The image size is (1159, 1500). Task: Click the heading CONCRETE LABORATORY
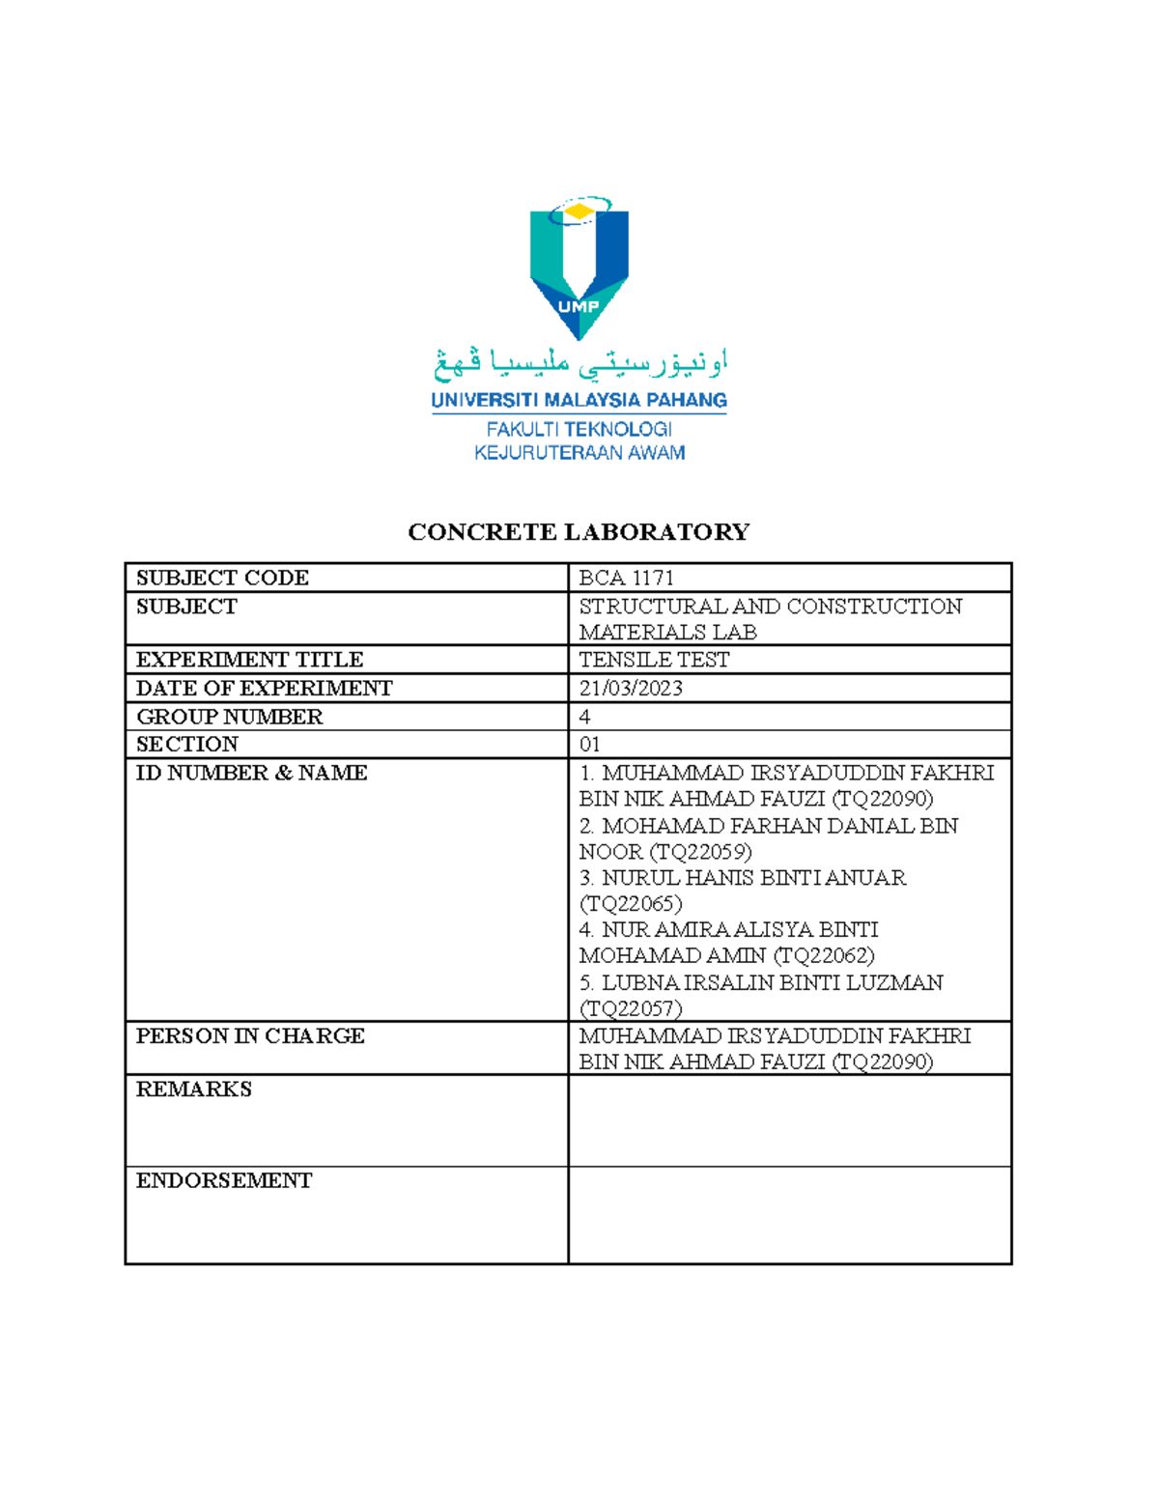579,532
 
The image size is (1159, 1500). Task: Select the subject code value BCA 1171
626,578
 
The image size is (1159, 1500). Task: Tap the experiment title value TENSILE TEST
654,660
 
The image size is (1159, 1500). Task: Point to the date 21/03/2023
631,688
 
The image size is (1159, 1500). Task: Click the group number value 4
584,717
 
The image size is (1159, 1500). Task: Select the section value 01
589,744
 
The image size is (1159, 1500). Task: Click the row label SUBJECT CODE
222,578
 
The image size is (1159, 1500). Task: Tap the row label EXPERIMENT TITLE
249,660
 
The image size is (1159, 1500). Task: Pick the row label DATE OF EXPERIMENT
264,688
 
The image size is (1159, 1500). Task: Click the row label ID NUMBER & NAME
251,773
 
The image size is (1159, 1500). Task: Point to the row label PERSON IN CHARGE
250,1035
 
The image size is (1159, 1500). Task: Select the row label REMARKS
193,1089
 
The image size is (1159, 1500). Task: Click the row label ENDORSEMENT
223,1180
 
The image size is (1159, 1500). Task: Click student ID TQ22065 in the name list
631,904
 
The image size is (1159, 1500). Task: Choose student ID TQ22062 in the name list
824,955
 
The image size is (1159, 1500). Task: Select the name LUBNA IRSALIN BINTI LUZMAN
772,982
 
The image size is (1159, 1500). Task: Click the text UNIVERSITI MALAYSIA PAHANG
579,400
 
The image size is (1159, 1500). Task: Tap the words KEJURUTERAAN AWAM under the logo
579,453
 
